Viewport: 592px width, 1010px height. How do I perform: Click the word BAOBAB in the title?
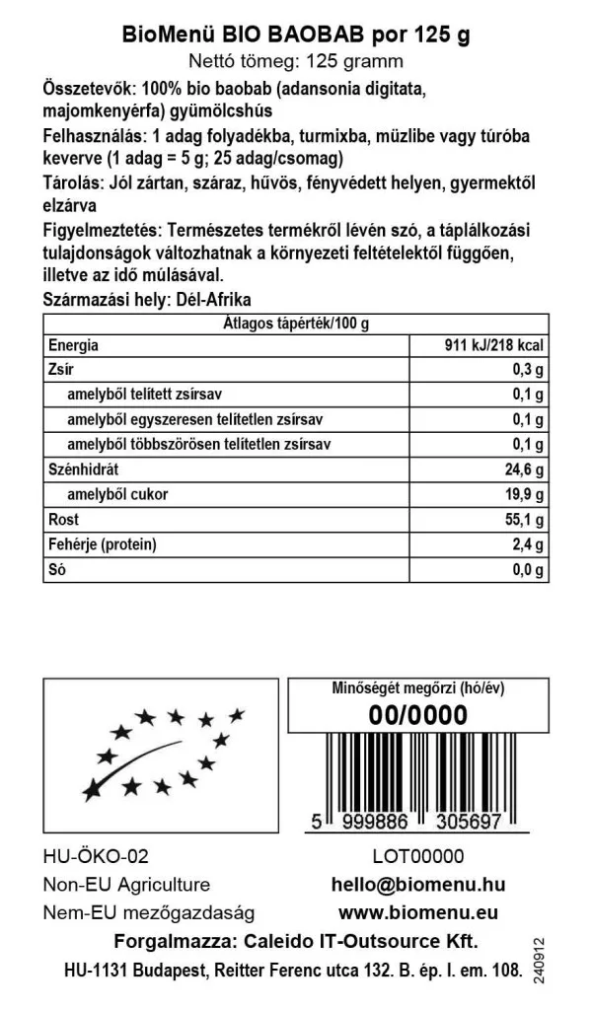click(321, 36)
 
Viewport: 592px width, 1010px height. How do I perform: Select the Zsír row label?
click(60, 371)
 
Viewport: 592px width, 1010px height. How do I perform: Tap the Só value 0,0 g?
click(526, 570)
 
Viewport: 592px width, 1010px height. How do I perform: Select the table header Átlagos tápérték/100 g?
click(295, 323)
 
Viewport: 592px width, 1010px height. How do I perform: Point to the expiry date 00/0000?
click(417, 715)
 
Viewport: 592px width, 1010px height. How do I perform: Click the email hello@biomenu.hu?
click(419, 885)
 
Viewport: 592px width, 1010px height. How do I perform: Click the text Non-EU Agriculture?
click(126, 885)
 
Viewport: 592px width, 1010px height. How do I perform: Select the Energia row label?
click(73, 346)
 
